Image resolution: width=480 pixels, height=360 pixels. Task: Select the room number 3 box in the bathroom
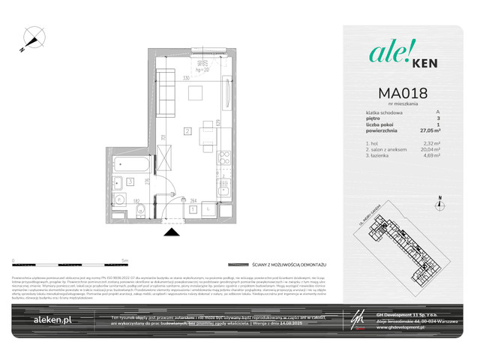click(x=130, y=181)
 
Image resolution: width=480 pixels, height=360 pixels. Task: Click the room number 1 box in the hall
click(x=193, y=210)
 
